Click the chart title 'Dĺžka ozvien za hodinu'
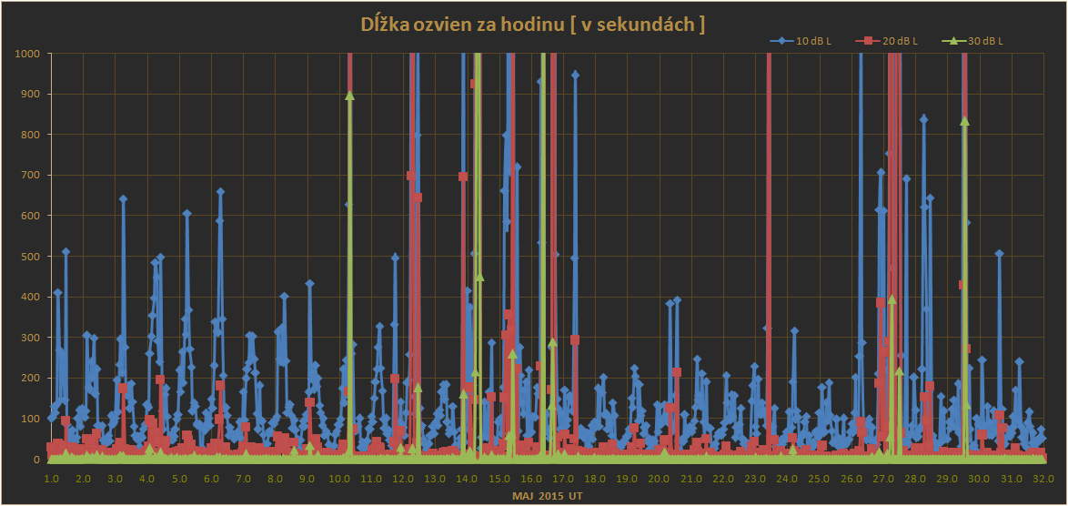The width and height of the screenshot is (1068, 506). (534, 25)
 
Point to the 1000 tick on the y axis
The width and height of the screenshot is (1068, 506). (27, 53)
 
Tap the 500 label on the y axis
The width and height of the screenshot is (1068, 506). (30, 257)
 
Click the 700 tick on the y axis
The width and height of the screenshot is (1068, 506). (30, 175)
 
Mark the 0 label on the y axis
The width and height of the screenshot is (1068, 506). (37, 460)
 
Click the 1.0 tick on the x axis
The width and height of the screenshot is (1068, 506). (51, 478)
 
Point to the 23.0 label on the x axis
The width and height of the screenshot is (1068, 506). (755, 478)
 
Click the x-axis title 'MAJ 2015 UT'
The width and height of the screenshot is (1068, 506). (546, 496)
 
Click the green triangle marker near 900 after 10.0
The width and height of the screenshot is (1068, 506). (349, 96)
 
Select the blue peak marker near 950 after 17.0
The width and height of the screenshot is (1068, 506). (575, 75)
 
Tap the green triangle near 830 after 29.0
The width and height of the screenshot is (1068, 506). (964, 121)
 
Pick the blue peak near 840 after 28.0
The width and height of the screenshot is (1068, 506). (923, 118)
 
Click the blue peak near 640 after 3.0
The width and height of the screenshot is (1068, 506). (123, 198)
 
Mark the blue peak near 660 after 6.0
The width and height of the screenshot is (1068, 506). (220, 192)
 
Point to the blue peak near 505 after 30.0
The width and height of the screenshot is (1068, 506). (999, 254)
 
